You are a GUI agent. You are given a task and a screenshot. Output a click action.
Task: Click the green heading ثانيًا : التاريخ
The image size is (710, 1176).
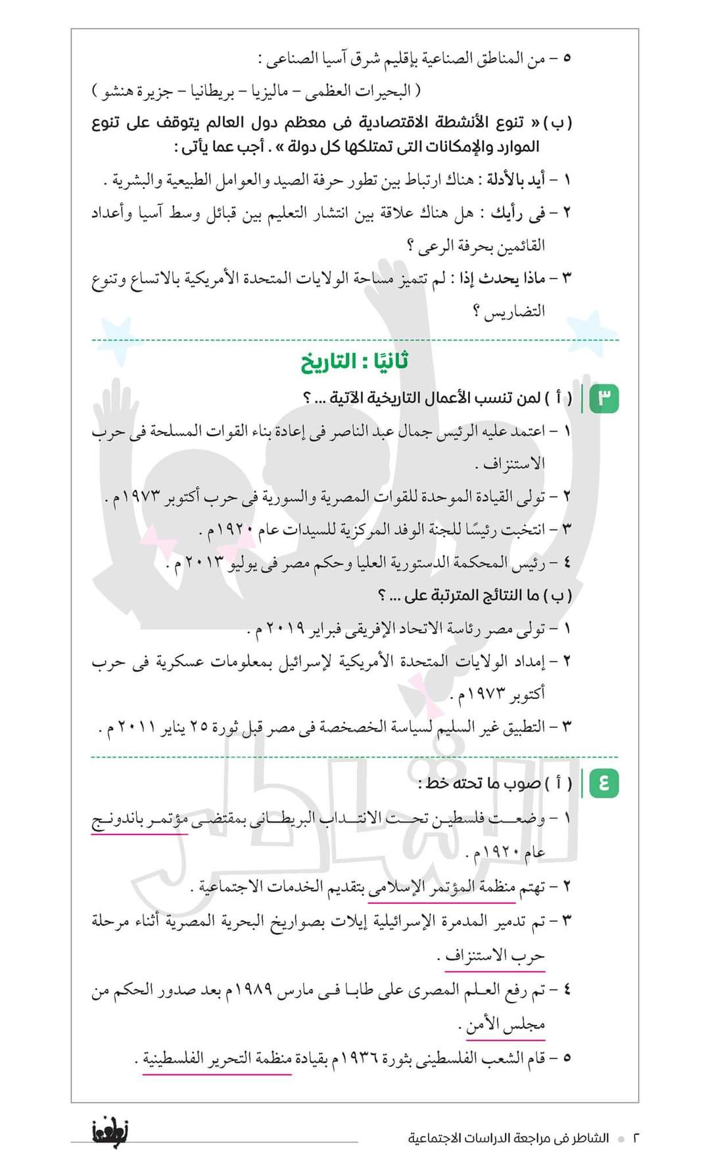pos(355,362)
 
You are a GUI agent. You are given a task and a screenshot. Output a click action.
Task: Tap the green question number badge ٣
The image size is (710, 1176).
pos(605,398)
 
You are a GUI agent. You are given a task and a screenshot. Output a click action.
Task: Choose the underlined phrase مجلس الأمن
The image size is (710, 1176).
pos(506,1024)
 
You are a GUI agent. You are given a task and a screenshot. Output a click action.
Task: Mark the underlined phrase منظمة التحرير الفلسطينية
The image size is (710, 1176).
pos(217,1058)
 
